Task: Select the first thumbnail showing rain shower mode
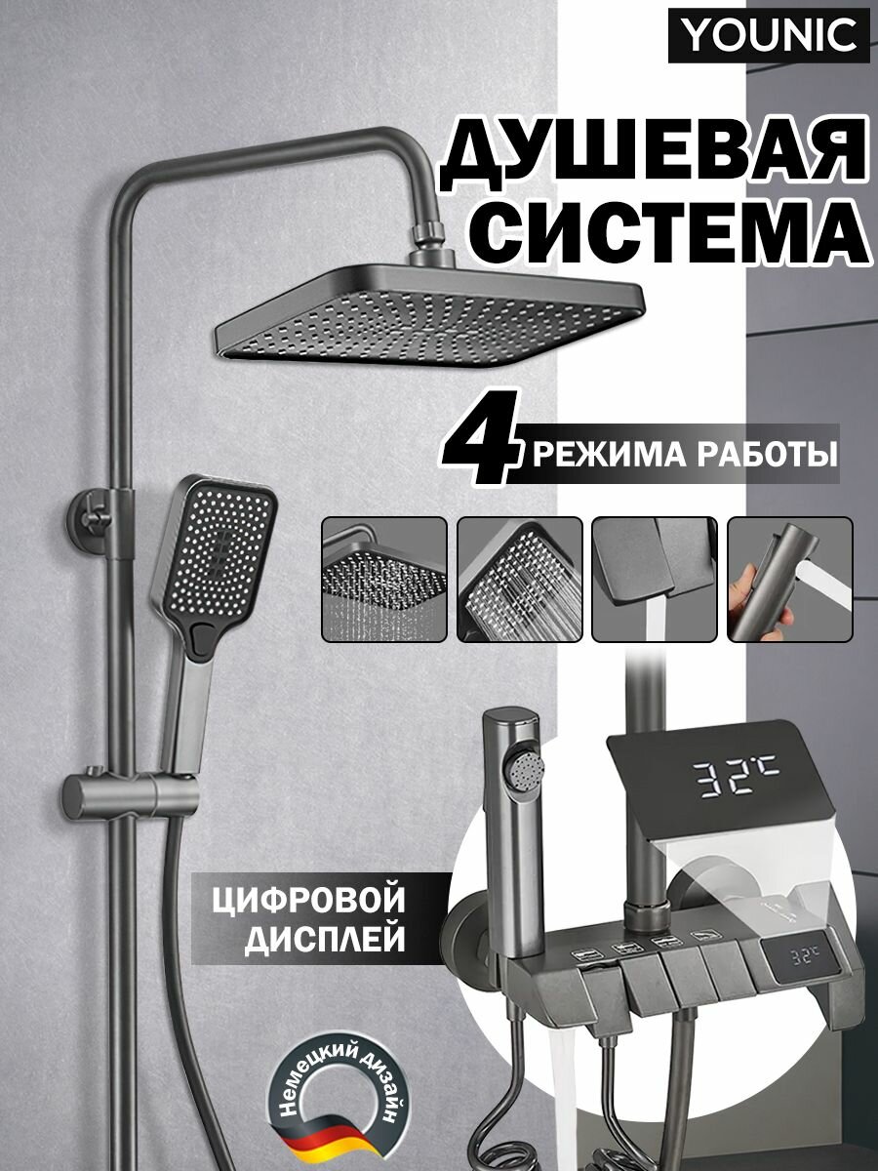click(x=383, y=579)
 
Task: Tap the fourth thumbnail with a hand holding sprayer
click(x=789, y=579)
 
